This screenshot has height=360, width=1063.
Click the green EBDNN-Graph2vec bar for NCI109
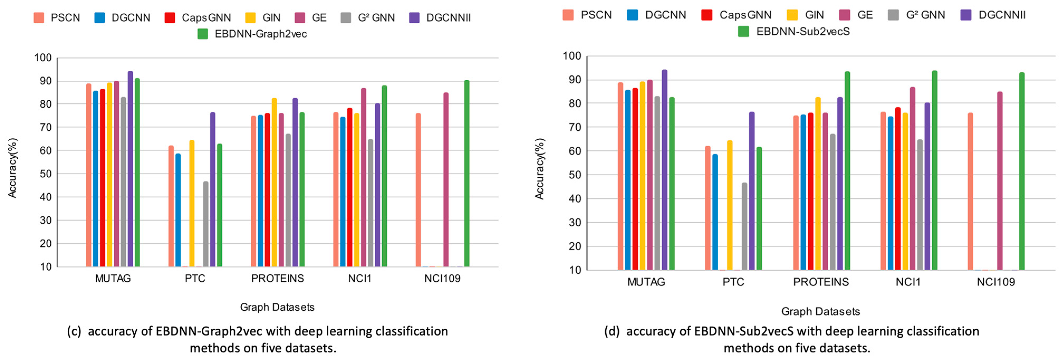(x=467, y=173)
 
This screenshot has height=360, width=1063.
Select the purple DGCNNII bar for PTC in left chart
(x=212, y=190)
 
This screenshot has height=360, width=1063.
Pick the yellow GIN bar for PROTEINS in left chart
(x=274, y=182)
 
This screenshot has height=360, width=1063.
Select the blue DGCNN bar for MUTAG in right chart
(x=628, y=180)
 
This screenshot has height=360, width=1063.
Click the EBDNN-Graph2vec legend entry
(x=253, y=34)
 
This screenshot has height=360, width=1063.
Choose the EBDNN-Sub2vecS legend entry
(x=794, y=31)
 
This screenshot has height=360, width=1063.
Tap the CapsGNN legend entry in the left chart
(x=198, y=17)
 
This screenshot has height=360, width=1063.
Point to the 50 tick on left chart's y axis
(x=45, y=174)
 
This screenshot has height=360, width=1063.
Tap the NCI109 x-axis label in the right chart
(x=996, y=282)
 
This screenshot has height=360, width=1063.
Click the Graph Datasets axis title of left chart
(x=277, y=307)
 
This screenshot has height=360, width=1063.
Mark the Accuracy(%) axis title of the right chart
(x=540, y=169)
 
